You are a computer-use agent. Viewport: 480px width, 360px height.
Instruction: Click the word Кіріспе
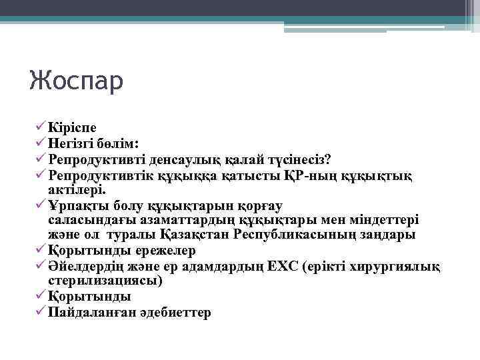point(72,127)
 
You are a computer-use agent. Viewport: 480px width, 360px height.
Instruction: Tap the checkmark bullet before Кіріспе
point(41,126)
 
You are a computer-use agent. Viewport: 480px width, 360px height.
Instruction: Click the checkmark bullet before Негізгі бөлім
point(41,142)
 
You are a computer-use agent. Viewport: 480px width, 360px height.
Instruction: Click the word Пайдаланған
point(89,312)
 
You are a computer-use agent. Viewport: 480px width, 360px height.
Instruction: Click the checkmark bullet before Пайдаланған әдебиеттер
point(41,311)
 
